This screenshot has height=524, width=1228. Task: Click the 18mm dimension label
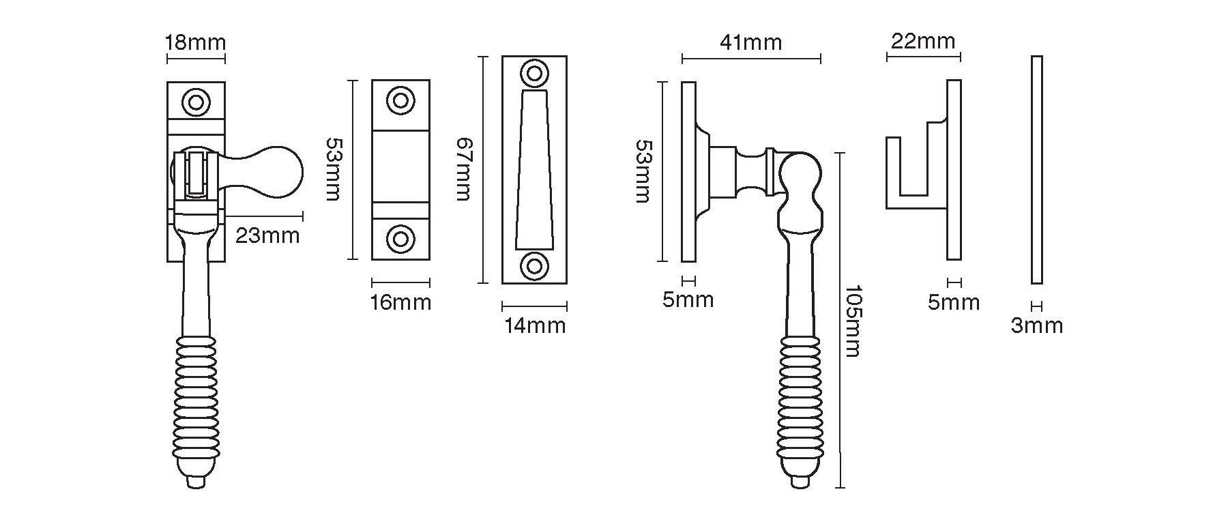(195, 42)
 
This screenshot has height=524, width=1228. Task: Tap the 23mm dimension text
(267, 236)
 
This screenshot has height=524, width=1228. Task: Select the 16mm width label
(400, 302)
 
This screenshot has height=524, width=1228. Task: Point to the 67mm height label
(464, 169)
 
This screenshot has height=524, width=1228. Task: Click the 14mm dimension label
(535, 325)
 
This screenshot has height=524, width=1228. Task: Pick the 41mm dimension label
(751, 42)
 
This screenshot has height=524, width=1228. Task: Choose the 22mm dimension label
(924, 42)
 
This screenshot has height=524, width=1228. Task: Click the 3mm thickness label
(1036, 326)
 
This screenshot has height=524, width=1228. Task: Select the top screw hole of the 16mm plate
(400, 101)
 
